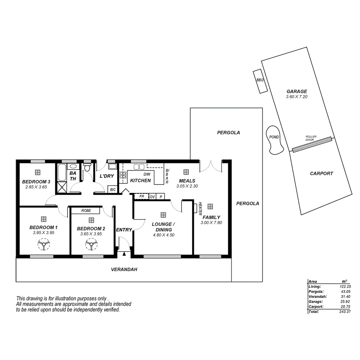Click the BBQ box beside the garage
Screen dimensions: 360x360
259,81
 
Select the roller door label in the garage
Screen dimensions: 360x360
311,138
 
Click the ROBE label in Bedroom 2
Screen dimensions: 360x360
86,211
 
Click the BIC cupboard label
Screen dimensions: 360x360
112,190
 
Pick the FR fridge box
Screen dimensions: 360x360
142,197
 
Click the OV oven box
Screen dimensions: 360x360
152,197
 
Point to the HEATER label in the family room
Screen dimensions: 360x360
200,209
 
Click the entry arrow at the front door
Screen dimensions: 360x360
124,254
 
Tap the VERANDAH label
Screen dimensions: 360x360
124,270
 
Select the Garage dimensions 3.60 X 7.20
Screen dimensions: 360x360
296,97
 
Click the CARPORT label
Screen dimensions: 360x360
321,173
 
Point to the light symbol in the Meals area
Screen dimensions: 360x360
186,172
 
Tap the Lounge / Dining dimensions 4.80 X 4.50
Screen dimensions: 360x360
164,234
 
